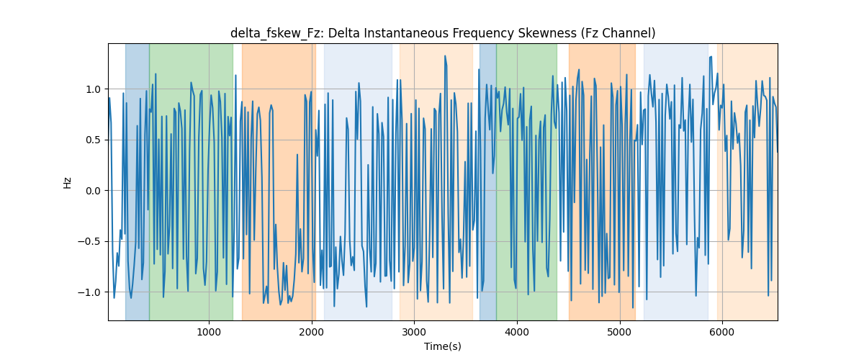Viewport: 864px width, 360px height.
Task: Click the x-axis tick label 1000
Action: pos(209,333)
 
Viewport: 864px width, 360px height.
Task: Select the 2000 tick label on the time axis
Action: pos(311,333)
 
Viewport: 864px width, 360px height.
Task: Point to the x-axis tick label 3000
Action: pos(414,333)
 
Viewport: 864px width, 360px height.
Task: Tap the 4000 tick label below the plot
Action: pos(516,333)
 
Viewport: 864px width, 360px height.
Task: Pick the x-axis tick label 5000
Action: pos(619,333)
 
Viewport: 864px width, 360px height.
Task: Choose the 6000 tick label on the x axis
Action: pos(721,333)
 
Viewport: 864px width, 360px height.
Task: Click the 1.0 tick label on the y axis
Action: pos(93,89)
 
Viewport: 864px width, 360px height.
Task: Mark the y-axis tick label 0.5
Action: pos(93,140)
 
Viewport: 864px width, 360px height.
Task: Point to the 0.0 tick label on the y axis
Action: pos(93,191)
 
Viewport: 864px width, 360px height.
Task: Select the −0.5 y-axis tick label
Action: pos(89,241)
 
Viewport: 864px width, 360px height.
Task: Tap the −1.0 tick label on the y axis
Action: pos(89,292)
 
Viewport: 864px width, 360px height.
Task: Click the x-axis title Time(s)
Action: pos(442,346)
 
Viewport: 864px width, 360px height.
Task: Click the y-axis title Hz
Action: pos(67,182)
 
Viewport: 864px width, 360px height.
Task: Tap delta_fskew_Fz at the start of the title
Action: pos(275,33)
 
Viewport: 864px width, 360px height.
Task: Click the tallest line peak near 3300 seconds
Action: pos(445,55)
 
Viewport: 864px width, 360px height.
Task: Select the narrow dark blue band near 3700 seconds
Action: pos(487,181)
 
